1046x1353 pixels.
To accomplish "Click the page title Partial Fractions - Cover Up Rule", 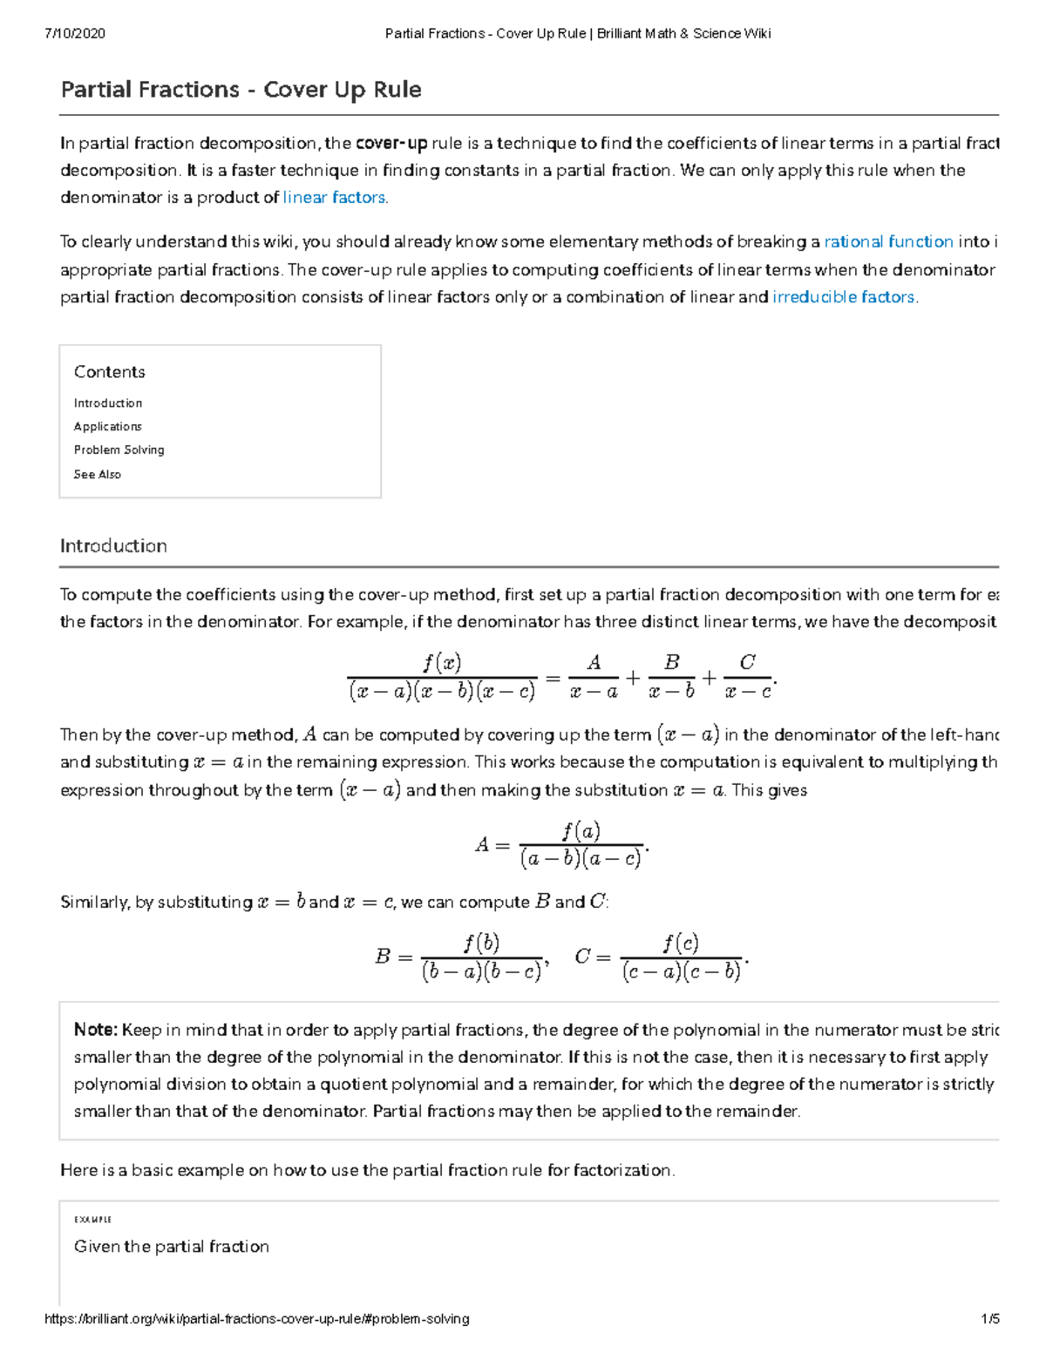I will coord(241,90).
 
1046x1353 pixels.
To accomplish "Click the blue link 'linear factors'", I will coord(334,198).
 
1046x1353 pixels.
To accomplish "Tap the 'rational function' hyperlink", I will coord(888,242).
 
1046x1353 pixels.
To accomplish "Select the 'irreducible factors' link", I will coord(843,297).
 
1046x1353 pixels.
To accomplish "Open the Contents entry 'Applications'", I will coord(107,427).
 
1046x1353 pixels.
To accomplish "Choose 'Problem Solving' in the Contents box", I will coord(119,450).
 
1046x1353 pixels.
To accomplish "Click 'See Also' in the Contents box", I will coord(97,475).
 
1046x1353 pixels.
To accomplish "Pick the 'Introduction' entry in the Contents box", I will coord(107,403).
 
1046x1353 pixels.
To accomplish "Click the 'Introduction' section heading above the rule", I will coord(113,546).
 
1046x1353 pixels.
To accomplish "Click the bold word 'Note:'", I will coord(95,1030).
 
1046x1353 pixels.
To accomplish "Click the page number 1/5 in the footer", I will coord(989,1319).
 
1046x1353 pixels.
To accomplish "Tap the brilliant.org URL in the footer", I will coord(256,1319).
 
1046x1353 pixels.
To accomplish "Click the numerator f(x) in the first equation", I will coord(442,663).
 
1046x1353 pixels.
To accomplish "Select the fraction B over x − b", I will coord(671,676).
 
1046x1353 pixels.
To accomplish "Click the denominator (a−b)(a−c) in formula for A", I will coord(581,859).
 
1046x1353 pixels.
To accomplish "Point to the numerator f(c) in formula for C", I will coord(680,943).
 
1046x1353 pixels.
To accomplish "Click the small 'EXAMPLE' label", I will coord(92,1220).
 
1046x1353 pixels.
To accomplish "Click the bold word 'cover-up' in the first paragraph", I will coord(391,144).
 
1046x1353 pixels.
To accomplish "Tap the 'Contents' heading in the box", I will coord(109,372).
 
